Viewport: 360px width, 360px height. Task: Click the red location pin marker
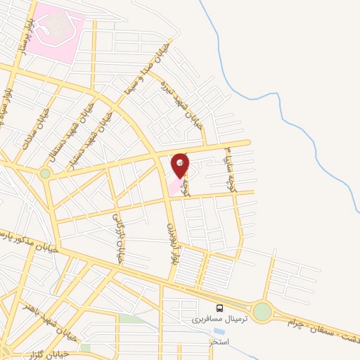click(180, 165)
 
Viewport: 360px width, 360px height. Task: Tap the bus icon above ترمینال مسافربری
click(220, 308)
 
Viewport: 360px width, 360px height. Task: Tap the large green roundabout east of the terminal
click(263, 311)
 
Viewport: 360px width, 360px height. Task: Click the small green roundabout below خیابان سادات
click(46, 172)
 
